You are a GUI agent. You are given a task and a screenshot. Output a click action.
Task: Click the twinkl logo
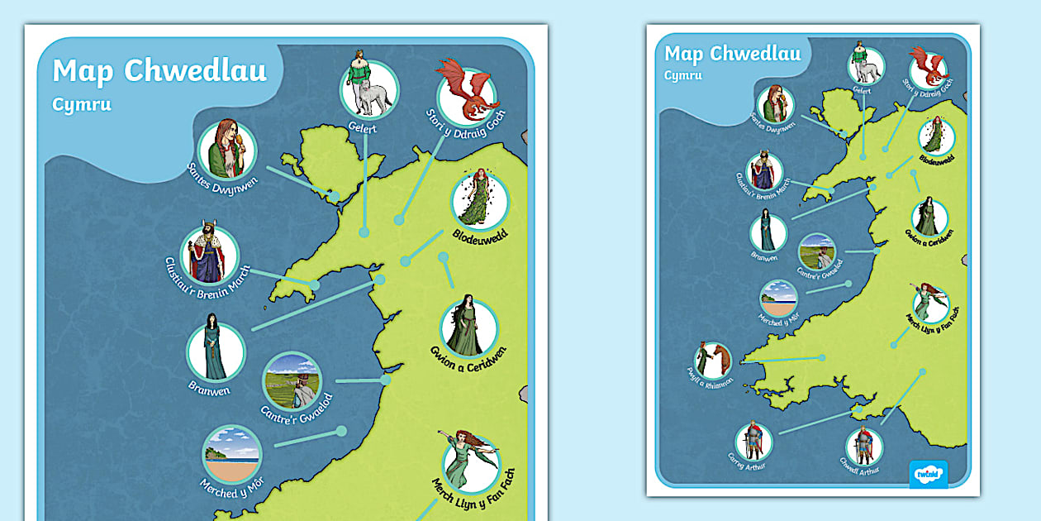[928, 474]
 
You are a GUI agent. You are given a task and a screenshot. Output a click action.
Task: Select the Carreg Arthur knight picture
[753, 441]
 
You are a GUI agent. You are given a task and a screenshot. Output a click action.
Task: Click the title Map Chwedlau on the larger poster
[159, 71]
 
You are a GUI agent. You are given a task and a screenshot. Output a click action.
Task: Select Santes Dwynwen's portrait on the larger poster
[226, 150]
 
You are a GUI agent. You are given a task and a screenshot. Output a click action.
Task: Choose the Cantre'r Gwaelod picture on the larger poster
[292, 381]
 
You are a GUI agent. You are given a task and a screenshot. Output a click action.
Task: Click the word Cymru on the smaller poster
[683, 75]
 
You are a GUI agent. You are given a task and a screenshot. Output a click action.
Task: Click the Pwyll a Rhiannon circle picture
[712, 361]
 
